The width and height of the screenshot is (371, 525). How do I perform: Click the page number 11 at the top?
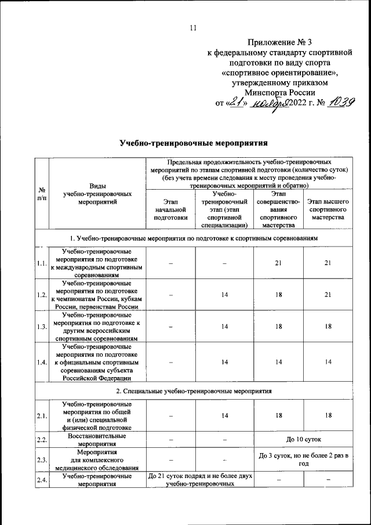pyautogui.click(x=194, y=28)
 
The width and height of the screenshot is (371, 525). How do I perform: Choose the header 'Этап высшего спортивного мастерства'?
pyautogui.click(x=328, y=209)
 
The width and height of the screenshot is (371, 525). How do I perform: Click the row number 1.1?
pyautogui.click(x=42, y=263)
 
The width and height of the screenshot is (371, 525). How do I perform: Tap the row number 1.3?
pyautogui.click(x=42, y=327)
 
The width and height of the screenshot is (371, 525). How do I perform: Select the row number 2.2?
pyautogui.click(x=42, y=439)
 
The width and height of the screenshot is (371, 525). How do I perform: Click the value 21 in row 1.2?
pyautogui.click(x=328, y=295)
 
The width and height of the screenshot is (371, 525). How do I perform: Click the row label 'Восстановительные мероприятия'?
pyautogui.click(x=97, y=439)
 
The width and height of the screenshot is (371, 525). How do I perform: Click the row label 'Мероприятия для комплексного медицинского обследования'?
pyautogui.click(x=97, y=460)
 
